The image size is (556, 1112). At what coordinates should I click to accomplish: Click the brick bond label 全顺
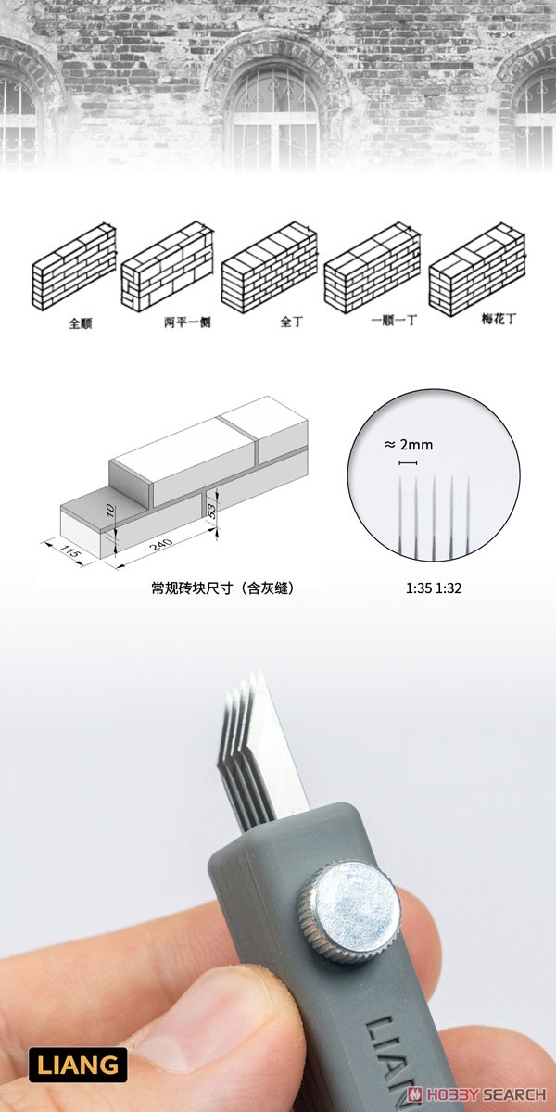point(81,323)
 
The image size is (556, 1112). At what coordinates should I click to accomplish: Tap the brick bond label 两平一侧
point(187,322)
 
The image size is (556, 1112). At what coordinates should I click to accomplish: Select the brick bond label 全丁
point(291,322)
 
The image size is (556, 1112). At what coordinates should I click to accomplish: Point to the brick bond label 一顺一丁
point(395,321)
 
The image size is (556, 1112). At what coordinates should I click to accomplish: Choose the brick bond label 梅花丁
point(499,319)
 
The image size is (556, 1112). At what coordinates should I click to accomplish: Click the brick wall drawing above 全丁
point(270,267)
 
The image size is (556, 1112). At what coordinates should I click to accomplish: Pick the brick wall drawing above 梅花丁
point(477,269)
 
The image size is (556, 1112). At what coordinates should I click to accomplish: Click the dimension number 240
point(161,544)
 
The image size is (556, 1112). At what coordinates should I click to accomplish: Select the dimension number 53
point(211,510)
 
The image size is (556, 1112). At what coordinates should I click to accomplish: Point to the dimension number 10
point(110,509)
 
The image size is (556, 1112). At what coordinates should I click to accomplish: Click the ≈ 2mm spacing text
point(408,445)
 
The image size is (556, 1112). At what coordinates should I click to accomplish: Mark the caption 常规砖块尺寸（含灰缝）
point(223,588)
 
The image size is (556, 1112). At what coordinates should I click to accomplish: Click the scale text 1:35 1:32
point(434,588)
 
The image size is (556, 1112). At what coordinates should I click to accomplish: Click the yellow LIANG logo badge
point(78,1065)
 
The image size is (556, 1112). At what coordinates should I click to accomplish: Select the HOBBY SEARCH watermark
point(476,1093)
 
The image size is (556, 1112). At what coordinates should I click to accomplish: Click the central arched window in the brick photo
point(274,117)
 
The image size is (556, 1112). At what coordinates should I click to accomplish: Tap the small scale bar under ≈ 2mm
point(408,463)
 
